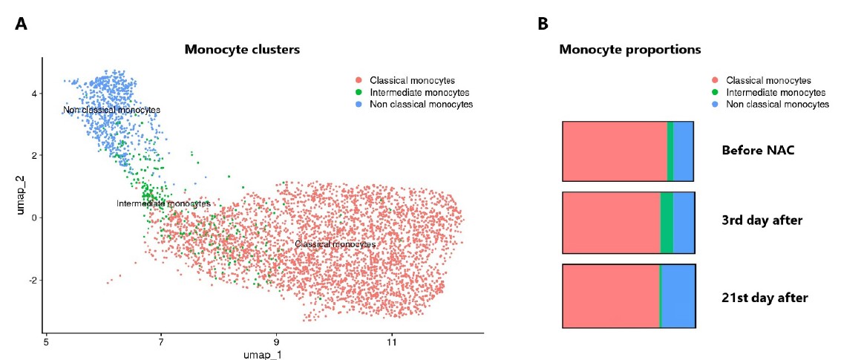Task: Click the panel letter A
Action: pyautogui.click(x=21, y=24)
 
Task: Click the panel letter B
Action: pyautogui.click(x=543, y=24)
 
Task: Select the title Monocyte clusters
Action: pyautogui.click(x=242, y=50)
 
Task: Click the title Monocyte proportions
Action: pyautogui.click(x=630, y=50)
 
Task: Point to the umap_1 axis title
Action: pyautogui.click(x=263, y=355)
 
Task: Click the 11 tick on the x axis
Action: pyautogui.click(x=391, y=343)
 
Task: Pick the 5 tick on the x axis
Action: pyautogui.click(x=46, y=343)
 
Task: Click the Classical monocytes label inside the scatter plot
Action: pyautogui.click(x=335, y=244)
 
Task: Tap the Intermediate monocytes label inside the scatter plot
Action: pyautogui.click(x=163, y=203)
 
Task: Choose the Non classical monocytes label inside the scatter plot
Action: pyautogui.click(x=111, y=111)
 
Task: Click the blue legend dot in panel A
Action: pyautogui.click(x=359, y=105)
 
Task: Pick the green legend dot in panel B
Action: pyautogui.click(x=716, y=93)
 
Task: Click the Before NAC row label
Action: pyautogui.click(x=758, y=151)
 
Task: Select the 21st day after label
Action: pyautogui.click(x=764, y=298)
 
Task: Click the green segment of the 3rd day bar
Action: pyautogui.click(x=667, y=223)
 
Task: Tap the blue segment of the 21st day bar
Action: pyautogui.click(x=678, y=295)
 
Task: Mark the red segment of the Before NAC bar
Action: pyautogui.click(x=615, y=151)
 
